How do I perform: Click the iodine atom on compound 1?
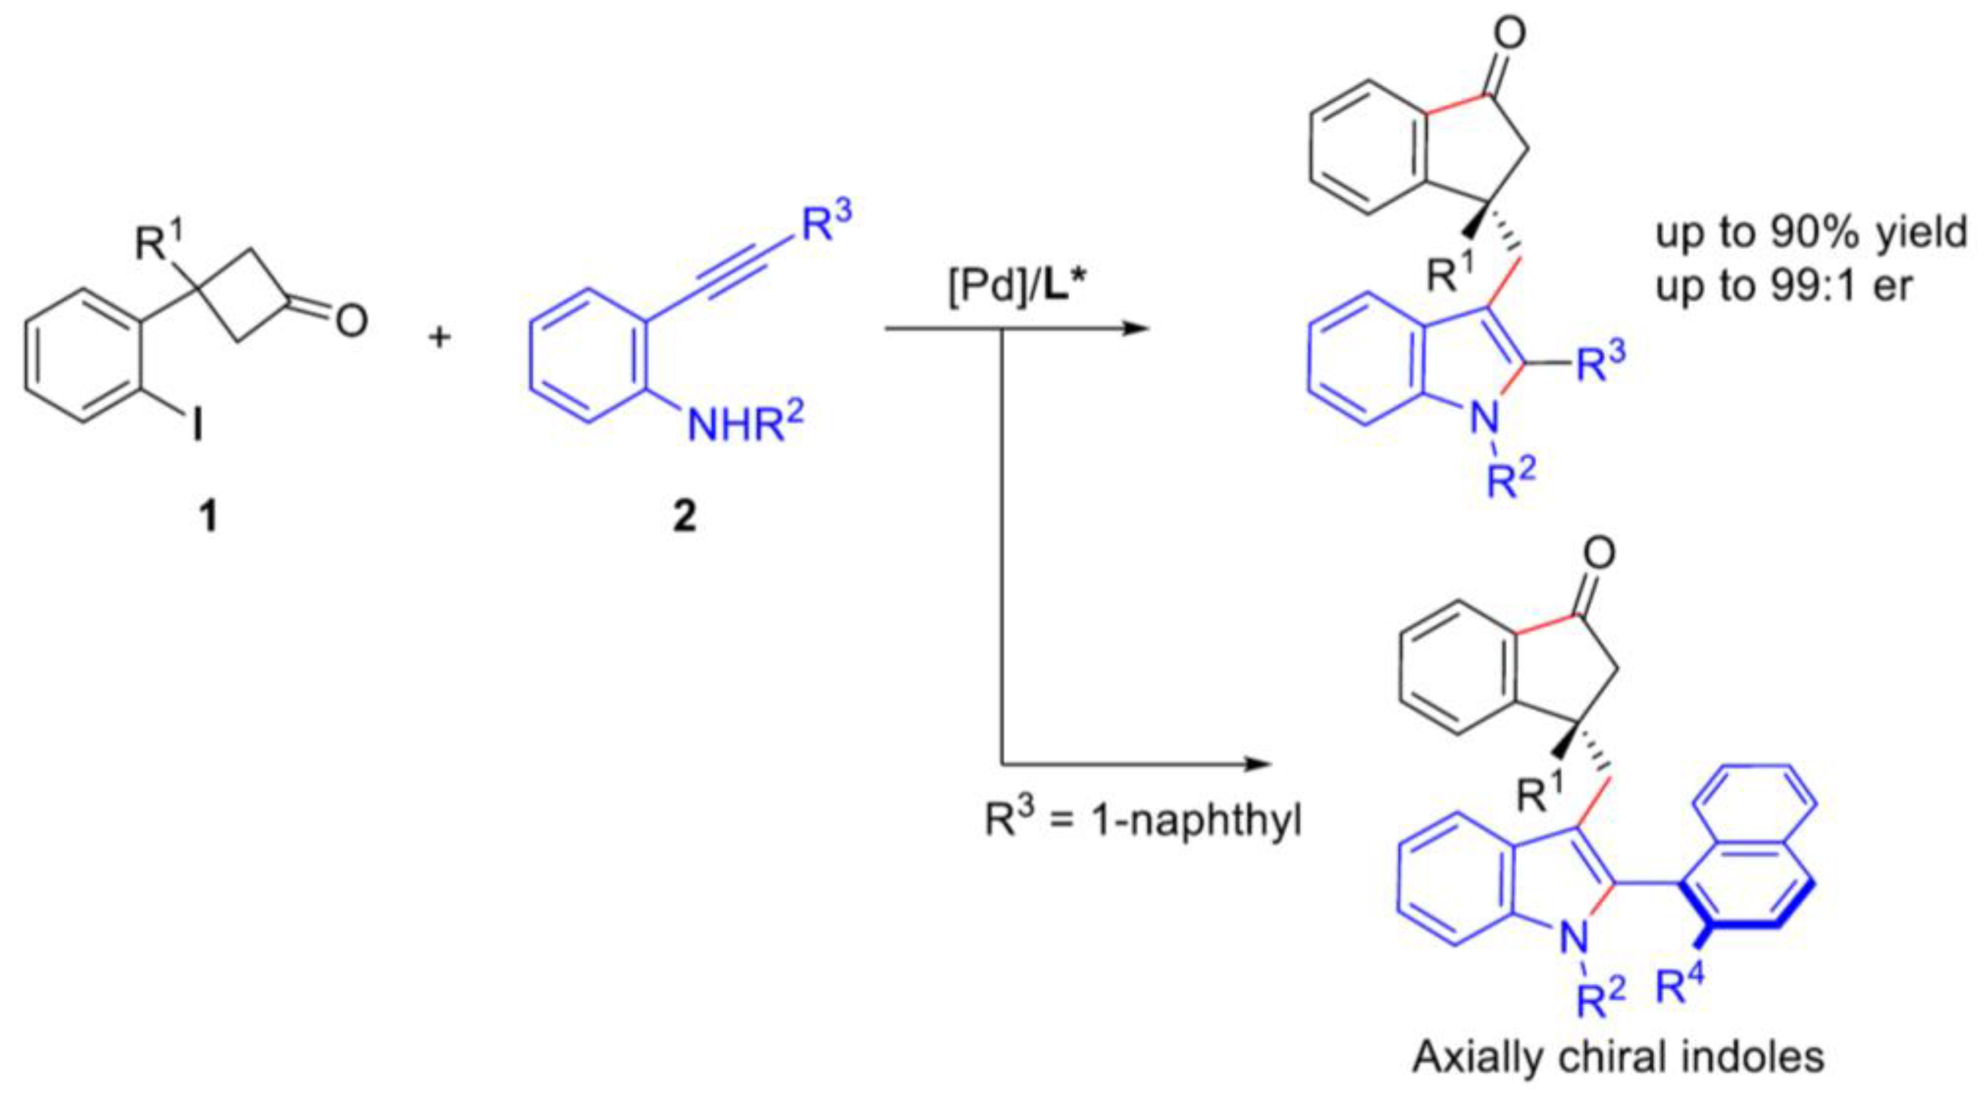coord(198,423)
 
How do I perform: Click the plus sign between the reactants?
coord(440,337)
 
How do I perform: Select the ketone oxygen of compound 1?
coord(351,320)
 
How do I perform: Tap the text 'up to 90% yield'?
coord(1812,232)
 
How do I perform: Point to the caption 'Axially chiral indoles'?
coord(1619,1057)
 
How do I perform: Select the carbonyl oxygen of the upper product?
coord(1509,35)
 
